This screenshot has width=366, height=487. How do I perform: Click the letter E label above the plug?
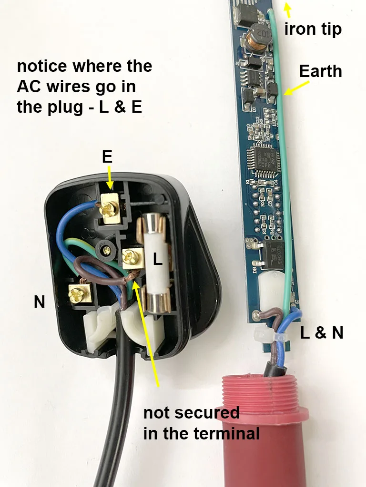(107, 157)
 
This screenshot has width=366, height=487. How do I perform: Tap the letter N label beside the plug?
(40, 301)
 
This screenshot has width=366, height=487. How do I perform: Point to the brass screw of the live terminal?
(130, 259)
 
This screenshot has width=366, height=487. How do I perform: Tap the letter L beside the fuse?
(158, 259)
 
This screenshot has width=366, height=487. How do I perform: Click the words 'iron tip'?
(313, 29)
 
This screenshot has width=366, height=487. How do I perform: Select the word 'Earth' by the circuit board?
(320, 71)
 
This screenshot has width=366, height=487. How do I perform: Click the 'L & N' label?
(322, 333)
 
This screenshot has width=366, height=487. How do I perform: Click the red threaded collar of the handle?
(262, 395)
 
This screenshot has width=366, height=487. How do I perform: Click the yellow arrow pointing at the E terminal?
(110, 180)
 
